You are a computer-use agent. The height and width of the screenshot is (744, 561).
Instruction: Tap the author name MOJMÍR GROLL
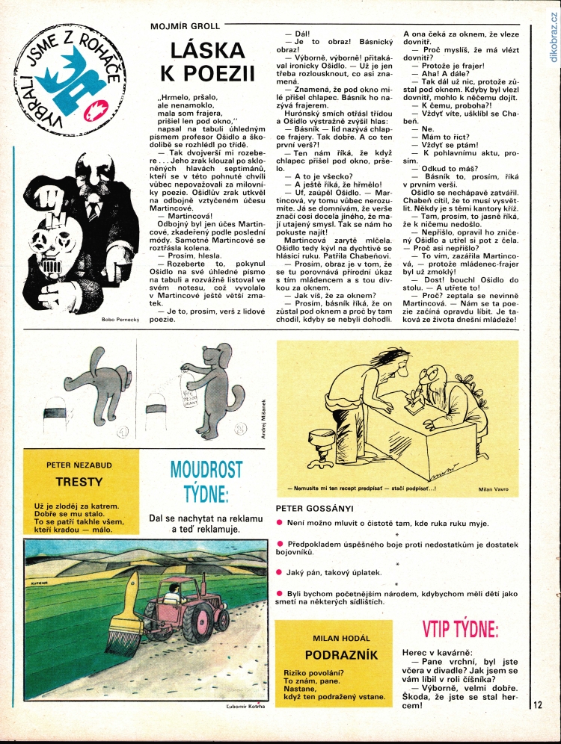(x=186, y=27)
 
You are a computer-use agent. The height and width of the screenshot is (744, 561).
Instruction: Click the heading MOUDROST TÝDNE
(x=206, y=481)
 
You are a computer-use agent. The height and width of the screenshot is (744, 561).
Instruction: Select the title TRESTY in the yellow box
(x=79, y=483)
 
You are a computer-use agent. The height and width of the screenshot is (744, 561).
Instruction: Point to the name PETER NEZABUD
(x=79, y=465)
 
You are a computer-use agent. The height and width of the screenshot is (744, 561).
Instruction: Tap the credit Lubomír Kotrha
(x=245, y=704)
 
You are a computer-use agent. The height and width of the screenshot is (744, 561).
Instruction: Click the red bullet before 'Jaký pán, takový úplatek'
(x=279, y=572)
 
